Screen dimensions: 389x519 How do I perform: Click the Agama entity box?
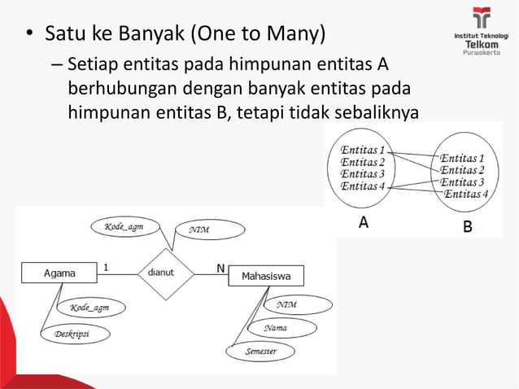[x=59, y=273]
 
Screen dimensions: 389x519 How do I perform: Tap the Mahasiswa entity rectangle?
[x=266, y=277]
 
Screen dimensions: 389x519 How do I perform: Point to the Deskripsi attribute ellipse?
[x=75, y=334]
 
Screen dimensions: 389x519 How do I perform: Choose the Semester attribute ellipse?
[x=261, y=352]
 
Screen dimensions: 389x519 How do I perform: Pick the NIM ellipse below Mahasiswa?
[x=296, y=304]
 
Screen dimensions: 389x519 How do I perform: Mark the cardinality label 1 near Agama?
[x=105, y=265]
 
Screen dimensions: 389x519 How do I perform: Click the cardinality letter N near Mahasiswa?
[x=220, y=267]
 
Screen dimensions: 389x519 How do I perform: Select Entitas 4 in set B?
[x=466, y=194]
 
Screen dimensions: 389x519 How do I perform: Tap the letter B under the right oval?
[x=467, y=227]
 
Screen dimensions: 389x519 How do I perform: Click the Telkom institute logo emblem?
[x=482, y=18]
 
